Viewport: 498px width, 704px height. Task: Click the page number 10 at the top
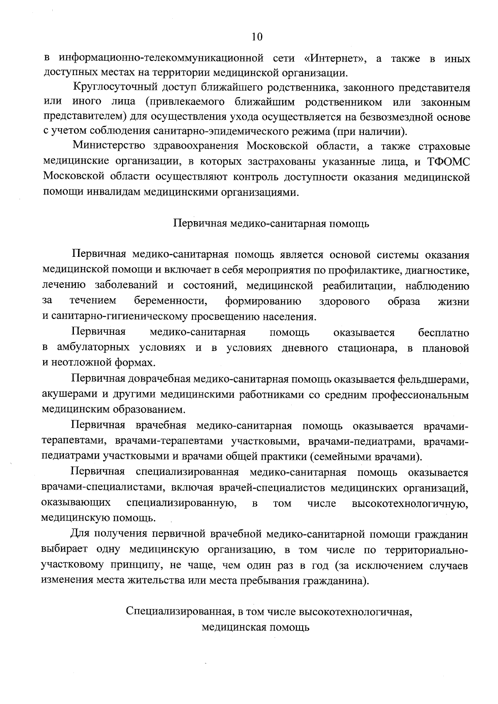click(257, 37)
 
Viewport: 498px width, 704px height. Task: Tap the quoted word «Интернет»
click(338, 58)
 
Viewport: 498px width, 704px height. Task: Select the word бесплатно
click(444, 333)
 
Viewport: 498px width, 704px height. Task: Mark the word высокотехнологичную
click(410, 504)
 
